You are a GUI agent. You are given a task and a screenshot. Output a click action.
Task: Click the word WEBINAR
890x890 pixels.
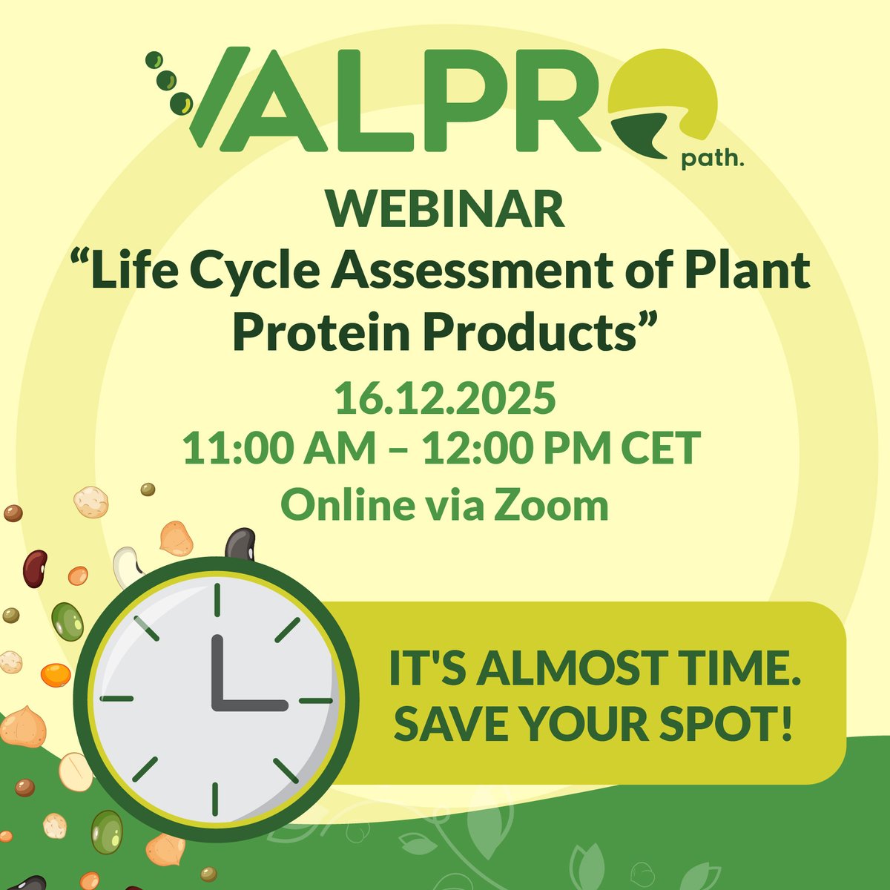point(444,210)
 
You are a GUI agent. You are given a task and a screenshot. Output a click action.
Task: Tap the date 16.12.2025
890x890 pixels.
point(444,400)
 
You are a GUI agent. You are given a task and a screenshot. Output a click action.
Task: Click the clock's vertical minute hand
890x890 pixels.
point(217,667)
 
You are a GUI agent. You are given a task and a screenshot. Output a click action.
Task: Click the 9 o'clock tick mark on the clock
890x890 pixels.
point(116,699)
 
